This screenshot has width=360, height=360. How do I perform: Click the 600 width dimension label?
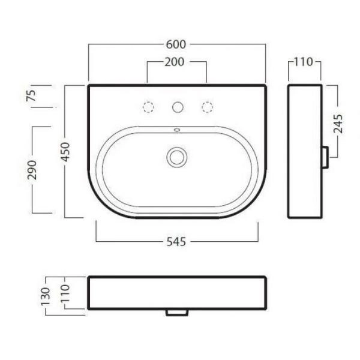pyautogui.click(x=176, y=44)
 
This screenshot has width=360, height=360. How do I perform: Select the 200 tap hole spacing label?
pyautogui.click(x=174, y=62)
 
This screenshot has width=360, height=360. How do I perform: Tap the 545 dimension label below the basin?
pyautogui.click(x=176, y=242)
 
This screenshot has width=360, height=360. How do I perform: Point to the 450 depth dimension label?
pyautogui.click(x=65, y=152)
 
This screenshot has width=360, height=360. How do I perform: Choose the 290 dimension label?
pyautogui.click(x=32, y=170)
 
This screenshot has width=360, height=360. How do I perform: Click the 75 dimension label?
pyautogui.click(x=32, y=95)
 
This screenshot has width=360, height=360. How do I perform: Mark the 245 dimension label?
pyautogui.click(x=338, y=124)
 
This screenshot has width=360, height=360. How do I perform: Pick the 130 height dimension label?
pyautogui.click(x=46, y=296)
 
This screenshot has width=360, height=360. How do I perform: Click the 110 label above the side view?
pyautogui.click(x=304, y=62)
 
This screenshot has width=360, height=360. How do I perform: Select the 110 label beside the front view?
pyautogui.click(x=65, y=293)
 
